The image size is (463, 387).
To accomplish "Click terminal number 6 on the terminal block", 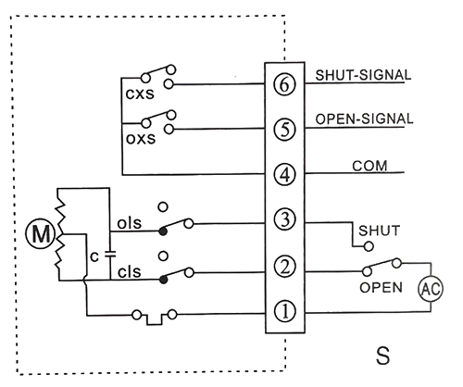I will (x=285, y=81).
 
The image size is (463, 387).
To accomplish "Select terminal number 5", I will (x=285, y=128).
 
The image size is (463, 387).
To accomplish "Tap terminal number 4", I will (x=285, y=174).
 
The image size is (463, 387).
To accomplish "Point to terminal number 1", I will (x=285, y=312).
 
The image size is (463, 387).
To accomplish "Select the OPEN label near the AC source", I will (x=381, y=287).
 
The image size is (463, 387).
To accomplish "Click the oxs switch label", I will (x=141, y=142).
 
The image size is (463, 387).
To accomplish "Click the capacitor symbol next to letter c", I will (x=109, y=250).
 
